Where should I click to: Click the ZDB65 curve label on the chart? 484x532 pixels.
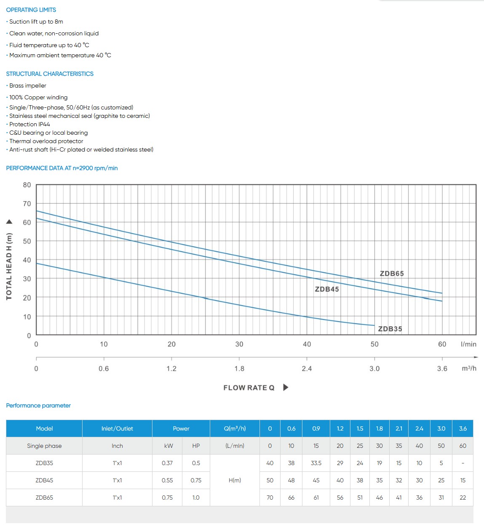tap(392, 274)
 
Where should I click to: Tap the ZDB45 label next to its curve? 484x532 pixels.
tap(327, 289)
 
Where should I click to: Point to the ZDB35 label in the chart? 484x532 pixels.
tap(390, 329)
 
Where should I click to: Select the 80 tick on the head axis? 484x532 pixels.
tap(27, 185)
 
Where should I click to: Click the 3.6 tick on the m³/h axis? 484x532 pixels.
tap(442, 369)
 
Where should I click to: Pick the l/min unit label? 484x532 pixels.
tap(468, 344)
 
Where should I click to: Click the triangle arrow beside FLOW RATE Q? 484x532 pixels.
tap(286, 388)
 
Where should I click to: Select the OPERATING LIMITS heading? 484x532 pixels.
tap(31, 10)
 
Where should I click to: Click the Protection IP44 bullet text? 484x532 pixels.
tap(29, 124)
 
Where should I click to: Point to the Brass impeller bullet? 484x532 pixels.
tap(28, 85)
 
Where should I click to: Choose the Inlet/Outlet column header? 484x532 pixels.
tap(117, 428)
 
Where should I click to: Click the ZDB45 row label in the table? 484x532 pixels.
tap(44, 480)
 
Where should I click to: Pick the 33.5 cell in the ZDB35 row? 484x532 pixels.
tap(316, 463)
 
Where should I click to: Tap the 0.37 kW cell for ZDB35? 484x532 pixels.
tap(167, 463)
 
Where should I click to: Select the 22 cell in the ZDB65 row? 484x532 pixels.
tap(463, 497)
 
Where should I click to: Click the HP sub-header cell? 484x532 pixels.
tap(196, 446)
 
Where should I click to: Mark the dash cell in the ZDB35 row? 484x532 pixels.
tap(463, 463)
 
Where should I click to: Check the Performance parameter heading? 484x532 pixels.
tap(38, 406)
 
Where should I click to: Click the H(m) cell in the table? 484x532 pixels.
tap(235, 480)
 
